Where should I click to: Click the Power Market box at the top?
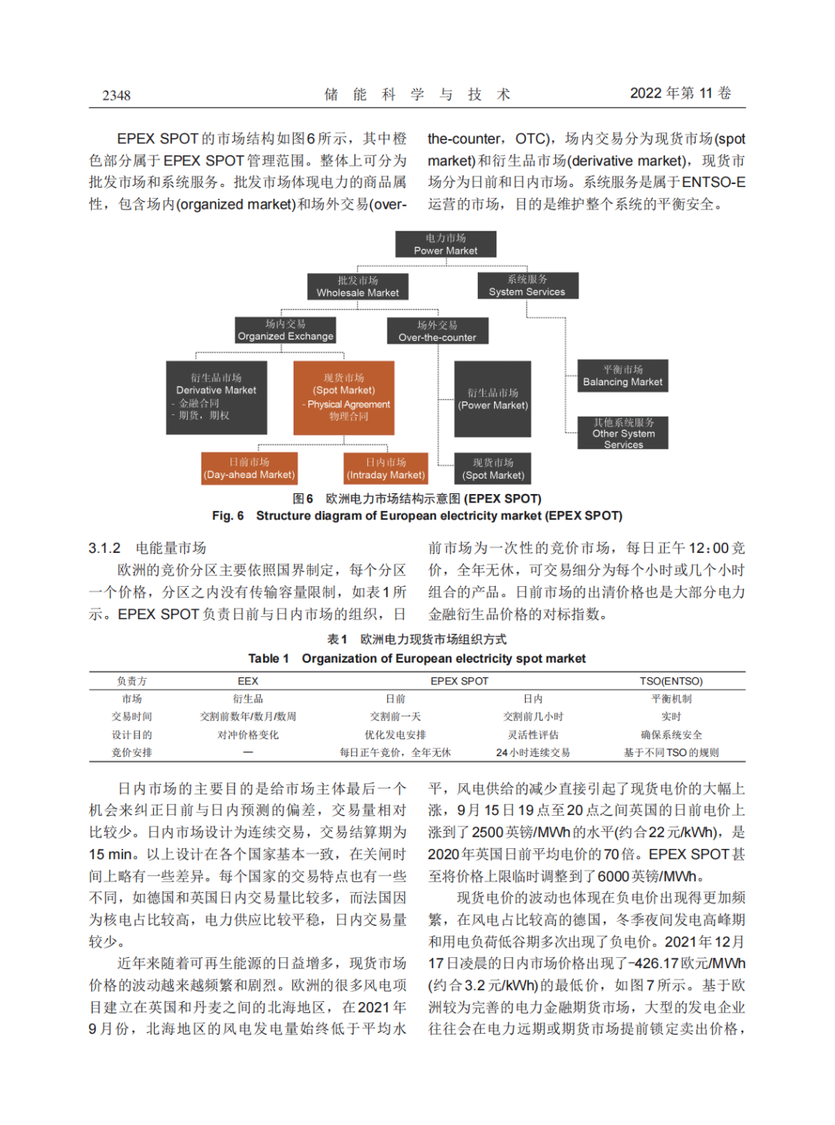point(445,244)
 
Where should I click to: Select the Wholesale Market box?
point(357,287)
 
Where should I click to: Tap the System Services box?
point(527,285)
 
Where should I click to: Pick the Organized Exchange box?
point(285,330)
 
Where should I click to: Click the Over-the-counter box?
point(437,331)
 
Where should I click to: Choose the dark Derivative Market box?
point(216,397)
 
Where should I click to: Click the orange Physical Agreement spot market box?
point(344,397)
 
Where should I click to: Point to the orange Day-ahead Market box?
point(249,469)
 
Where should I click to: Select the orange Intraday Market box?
point(385,469)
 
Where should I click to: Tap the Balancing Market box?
point(622,376)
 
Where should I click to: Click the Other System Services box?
point(623,433)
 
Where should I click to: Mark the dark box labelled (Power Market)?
point(492,399)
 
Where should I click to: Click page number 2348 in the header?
point(117,95)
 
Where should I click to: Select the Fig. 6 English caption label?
point(228,516)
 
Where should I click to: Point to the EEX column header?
point(248,681)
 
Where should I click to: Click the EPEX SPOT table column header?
point(459,681)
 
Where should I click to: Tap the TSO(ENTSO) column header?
point(670,681)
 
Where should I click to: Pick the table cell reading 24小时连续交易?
point(533,752)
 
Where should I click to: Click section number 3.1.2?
point(104,548)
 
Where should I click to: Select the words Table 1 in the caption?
point(268,659)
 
